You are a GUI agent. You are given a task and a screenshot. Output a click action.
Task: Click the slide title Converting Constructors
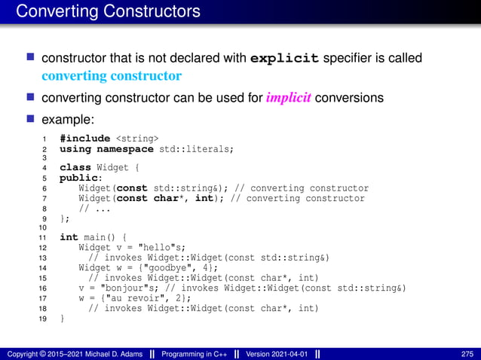(108, 11)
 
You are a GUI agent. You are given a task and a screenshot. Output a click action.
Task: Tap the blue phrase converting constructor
(112, 76)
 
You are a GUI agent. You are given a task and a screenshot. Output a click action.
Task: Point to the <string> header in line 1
(137, 139)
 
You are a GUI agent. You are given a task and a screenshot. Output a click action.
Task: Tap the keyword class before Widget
(75, 168)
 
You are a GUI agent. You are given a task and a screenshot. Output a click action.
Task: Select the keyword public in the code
(76, 178)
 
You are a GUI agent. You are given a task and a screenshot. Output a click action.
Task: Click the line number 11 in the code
(43, 237)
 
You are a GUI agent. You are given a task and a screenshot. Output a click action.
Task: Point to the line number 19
(43, 319)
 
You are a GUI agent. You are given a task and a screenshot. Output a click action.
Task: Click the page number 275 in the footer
(467, 354)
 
